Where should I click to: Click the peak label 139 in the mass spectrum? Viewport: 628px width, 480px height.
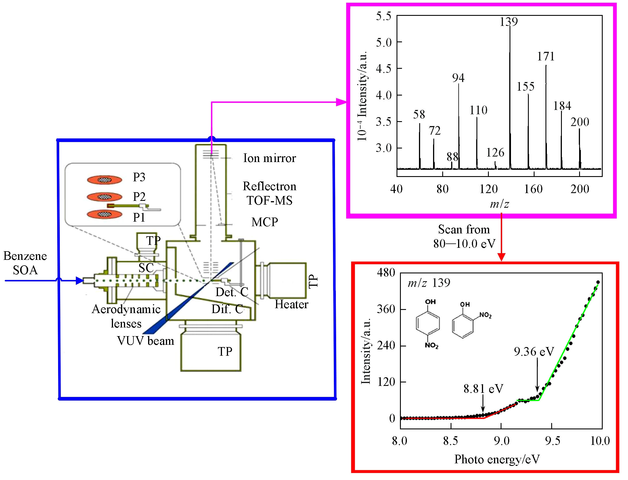(x=508, y=22)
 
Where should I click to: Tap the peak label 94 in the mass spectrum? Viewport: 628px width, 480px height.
(x=458, y=78)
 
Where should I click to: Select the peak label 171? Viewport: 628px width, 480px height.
(x=545, y=56)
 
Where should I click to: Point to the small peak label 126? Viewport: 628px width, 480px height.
(x=495, y=153)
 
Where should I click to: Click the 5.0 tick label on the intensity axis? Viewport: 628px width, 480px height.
(x=384, y=43)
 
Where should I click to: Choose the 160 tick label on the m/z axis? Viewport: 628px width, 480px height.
(x=533, y=189)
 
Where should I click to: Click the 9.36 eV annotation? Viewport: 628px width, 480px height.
(x=534, y=352)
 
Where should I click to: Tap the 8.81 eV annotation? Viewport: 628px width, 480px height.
(x=483, y=389)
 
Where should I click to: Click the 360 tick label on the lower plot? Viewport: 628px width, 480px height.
(x=386, y=309)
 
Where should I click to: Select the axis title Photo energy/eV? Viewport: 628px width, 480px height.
(x=497, y=459)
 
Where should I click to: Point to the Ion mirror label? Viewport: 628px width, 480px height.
(x=269, y=158)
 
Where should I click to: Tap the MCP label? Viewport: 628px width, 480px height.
(x=265, y=222)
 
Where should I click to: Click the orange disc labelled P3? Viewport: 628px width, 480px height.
(x=104, y=180)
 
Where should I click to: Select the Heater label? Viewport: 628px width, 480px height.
(x=291, y=304)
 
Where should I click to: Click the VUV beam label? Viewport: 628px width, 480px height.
(x=145, y=341)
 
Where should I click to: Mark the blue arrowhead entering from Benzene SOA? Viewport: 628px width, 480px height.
(x=80, y=281)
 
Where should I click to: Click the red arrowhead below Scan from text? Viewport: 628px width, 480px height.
(x=501, y=257)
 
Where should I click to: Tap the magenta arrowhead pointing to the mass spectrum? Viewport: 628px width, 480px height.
(x=341, y=102)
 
